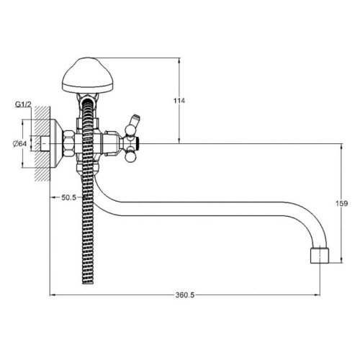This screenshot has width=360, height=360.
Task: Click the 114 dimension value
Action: (179, 101)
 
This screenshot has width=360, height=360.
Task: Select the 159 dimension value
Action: (341, 204)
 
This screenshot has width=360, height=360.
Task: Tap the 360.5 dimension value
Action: (185, 295)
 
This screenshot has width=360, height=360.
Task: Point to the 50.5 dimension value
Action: (68, 197)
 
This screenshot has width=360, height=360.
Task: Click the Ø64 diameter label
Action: (19, 144)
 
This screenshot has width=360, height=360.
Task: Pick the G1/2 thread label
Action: (23, 104)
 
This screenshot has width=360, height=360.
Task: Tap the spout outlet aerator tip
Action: (320, 255)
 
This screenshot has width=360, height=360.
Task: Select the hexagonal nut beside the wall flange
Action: (68, 143)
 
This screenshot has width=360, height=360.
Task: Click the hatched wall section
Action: (42, 143)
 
